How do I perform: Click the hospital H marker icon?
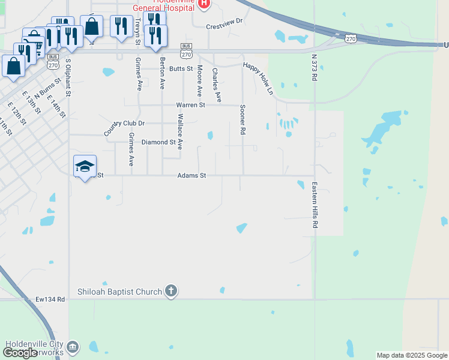[204, 4]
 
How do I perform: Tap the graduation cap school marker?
[85, 165]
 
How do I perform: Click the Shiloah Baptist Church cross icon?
[171, 292]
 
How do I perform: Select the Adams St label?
[191, 176]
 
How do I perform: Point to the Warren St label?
[190, 105]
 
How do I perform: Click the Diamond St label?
[158, 143]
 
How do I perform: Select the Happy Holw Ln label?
[258, 79]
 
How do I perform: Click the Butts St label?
[181, 69]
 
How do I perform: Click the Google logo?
[20, 352]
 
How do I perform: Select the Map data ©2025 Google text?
[412, 355]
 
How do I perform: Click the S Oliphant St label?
[68, 77]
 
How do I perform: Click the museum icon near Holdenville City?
[73, 347]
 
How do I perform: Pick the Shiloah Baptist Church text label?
[120, 292]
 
